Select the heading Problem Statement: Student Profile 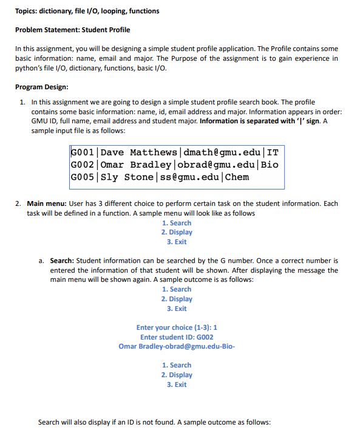(72, 30)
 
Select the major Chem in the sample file (237, 177)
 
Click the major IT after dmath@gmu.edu (271, 152)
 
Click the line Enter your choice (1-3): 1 (177, 327)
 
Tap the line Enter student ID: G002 (177, 337)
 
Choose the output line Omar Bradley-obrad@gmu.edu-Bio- (177, 346)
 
